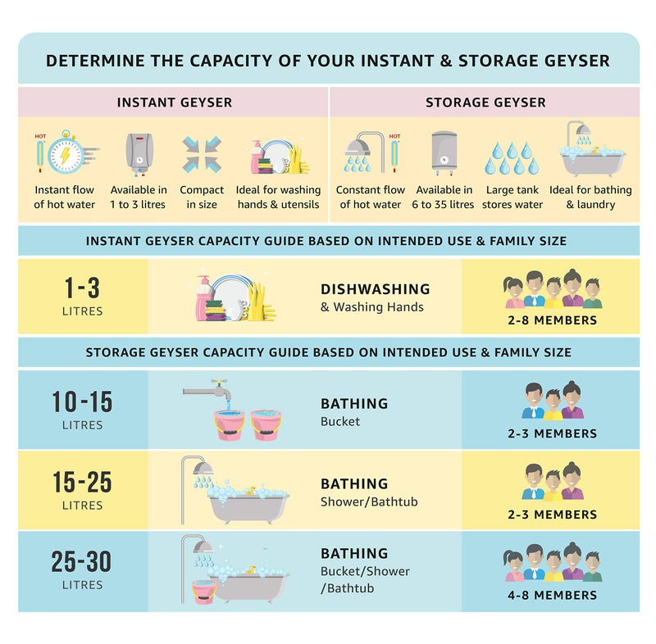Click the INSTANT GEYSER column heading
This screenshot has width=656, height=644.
(x=175, y=102)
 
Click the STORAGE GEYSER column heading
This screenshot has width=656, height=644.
(x=485, y=102)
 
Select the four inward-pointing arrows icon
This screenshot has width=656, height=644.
(x=202, y=155)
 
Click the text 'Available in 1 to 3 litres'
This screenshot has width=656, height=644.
(x=139, y=197)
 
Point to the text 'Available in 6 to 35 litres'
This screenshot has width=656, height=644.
(x=443, y=197)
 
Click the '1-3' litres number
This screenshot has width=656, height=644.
(x=82, y=288)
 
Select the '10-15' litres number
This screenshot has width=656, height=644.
(x=82, y=401)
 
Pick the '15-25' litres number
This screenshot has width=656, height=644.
(x=82, y=482)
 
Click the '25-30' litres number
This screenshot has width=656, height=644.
(x=81, y=561)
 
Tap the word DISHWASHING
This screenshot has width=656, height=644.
(x=376, y=289)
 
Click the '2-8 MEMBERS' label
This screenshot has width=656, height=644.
(x=552, y=320)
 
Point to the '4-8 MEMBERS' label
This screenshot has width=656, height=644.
(x=552, y=595)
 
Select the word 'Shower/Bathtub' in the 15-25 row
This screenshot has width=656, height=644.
(x=369, y=501)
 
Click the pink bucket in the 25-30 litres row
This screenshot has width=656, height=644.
(x=204, y=592)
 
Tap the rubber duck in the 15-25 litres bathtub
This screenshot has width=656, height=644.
(x=250, y=490)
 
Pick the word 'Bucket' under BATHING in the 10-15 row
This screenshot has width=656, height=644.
(x=340, y=421)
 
